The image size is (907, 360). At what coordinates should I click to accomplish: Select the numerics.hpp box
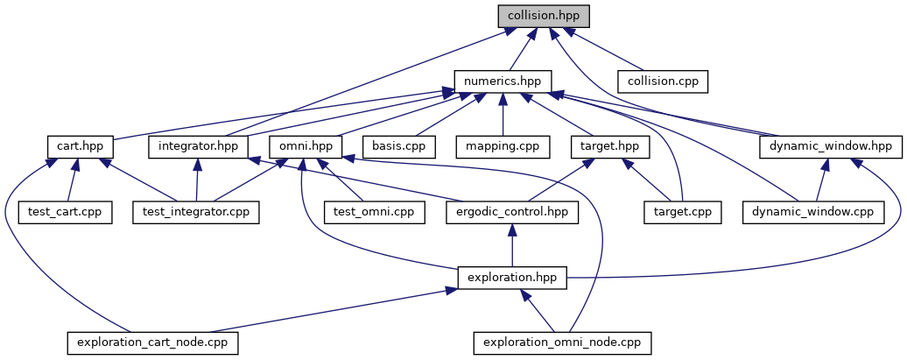pyautogui.click(x=502, y=81)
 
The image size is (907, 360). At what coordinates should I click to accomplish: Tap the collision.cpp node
pyautogui.click(x=662, y=81)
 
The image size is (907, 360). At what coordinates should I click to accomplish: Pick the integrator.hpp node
pyautogui.click(x=199, y=146)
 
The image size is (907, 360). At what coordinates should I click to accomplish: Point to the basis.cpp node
pyautogui.click(x=398, y=146)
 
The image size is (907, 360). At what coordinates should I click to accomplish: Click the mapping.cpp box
pyautogui.click(x=502, y=146)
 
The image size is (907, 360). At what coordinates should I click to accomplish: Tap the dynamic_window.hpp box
pyautogui.click(x=831, y=146)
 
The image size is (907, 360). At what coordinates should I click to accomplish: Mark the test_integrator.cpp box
pyautogui.click(x=196, y=211)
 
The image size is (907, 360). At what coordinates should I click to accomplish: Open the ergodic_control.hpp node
pyautogui.click(x=512, y=211)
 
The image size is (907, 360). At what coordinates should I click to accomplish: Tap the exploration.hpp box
pyautogui.click(x=512, y=277)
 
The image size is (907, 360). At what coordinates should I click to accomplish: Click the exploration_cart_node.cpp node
pyautogui.click(x=153, y=342)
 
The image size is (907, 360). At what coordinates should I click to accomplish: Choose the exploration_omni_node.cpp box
pyautogui.click(x=563, y=342)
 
